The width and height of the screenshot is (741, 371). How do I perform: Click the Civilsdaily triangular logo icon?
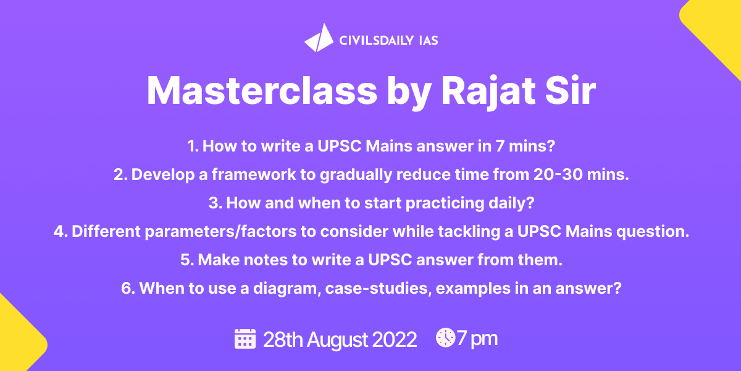(x=319, y=38)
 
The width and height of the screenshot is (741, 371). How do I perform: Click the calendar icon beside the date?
(x=245, y=339)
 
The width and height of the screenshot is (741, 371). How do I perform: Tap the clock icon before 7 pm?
(x=445, y=338)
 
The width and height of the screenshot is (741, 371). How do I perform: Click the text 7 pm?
(x=477, y=339)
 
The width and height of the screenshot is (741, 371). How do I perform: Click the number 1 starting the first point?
(x=192, y=147)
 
